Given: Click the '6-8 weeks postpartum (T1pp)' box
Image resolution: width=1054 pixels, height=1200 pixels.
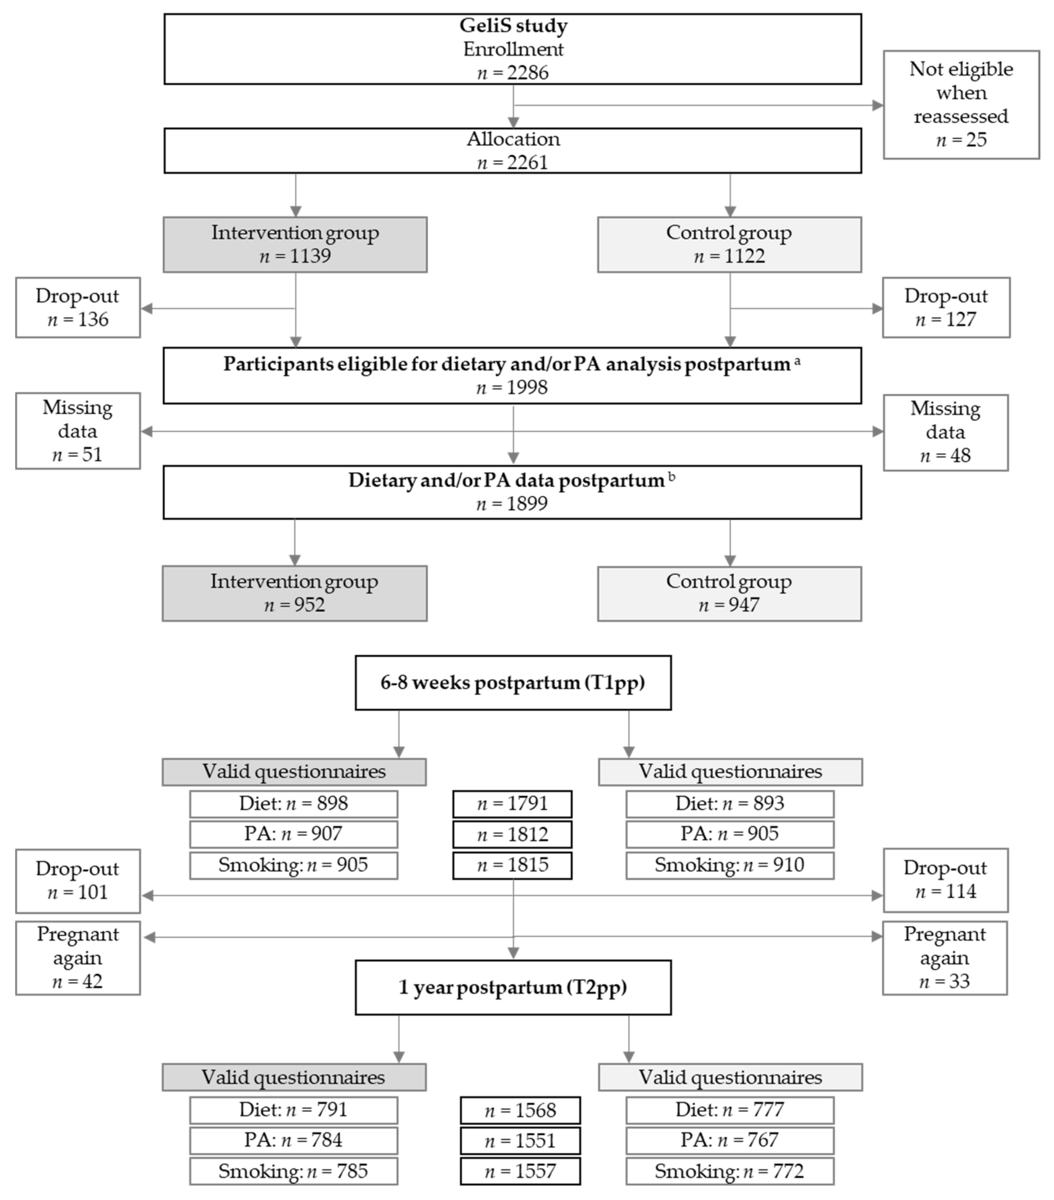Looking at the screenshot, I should point(513,683).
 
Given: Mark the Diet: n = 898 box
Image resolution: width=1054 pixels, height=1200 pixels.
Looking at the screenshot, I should point(293,804).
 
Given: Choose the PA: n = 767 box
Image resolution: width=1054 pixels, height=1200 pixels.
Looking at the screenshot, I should point(729,1140).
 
